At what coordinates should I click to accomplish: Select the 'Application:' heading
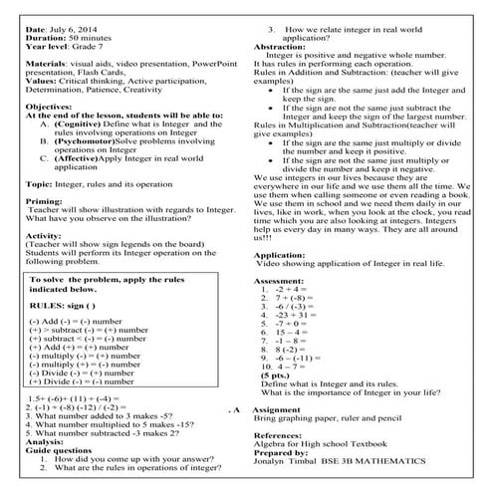281,254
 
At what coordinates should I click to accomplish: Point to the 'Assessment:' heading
280,282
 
